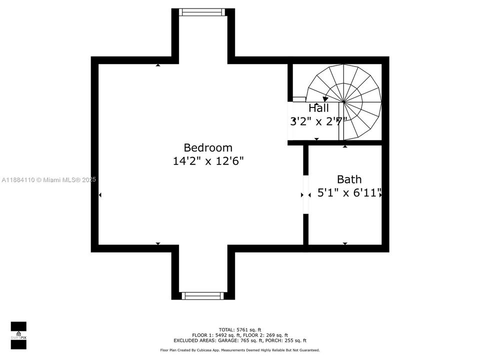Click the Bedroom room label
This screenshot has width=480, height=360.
(208, 148)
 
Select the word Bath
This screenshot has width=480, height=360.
(349, 179)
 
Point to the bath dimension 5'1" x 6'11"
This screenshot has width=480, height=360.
(349, 193)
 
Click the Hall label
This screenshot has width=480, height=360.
(318, 108)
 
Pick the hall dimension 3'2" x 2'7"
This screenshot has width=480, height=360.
(318, 121)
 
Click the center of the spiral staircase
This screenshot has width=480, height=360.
(344, 102)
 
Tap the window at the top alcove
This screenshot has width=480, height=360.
(202, 12)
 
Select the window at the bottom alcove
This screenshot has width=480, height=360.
(202, 295)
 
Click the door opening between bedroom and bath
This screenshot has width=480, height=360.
(305, 194)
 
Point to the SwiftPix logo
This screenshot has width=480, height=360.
(18, 335)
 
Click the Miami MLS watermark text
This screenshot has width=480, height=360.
(48, 180)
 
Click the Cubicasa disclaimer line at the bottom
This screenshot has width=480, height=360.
(240, 350)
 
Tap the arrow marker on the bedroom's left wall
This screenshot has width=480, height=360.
(100, 195)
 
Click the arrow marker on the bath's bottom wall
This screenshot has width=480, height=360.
(345, 243)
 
